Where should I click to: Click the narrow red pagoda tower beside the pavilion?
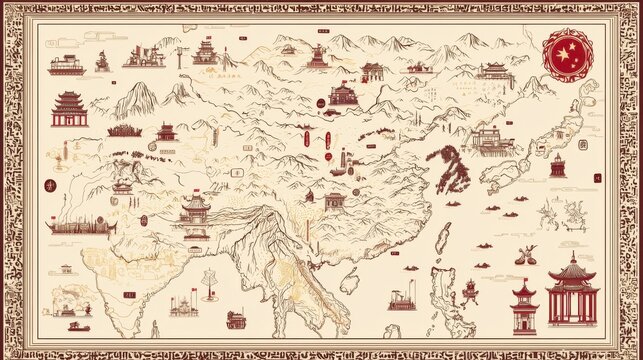coord(523,305)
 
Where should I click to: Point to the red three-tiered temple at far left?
coord(69,108)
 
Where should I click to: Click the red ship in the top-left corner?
coord(66,66)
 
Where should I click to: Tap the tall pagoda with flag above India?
coord(195,215)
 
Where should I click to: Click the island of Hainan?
coord(349,281)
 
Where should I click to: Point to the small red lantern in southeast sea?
coord(470,291)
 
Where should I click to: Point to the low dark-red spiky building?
coord(125,130)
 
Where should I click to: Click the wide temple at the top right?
coord(494,69)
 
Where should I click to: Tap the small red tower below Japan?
coord(557,165)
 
